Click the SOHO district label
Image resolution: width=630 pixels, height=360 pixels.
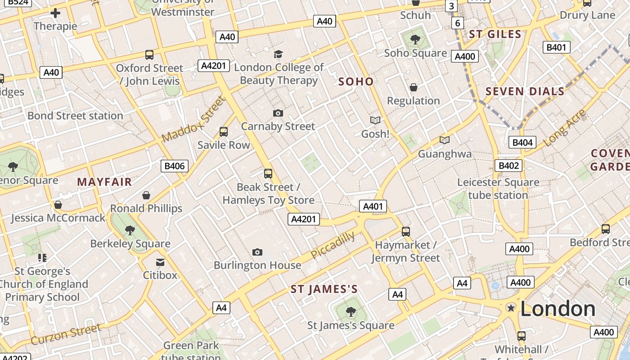tap(355, 81)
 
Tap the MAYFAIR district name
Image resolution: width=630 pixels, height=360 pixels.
tap(104, 182)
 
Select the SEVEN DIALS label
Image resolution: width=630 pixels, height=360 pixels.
tap(525, 91)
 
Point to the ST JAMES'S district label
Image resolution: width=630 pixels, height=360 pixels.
tap(324, 289)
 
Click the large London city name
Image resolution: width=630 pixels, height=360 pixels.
tap(558, 309)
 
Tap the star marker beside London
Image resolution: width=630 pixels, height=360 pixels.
tap(511, 308)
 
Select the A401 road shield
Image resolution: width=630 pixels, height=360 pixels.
tap(373, 206)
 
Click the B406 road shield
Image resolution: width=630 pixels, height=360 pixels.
tap(174, 166)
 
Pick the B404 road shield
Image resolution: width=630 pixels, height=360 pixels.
tap(522, 143)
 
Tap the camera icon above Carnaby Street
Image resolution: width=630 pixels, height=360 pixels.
tap(278, 113)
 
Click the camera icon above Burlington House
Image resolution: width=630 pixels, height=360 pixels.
tap(257, 252)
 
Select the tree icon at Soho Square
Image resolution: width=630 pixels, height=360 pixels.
tap(415, 40)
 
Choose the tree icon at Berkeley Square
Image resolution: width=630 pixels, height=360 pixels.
tap(130, 230)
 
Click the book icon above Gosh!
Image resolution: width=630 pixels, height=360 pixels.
tap(375, 120)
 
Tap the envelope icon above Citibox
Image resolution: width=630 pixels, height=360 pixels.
tap(160, 262)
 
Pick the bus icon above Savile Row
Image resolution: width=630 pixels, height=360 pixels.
tap(224, 132)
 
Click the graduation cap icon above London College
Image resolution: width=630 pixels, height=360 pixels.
tap(278, 54)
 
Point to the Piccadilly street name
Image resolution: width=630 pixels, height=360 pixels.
tap(333, 246)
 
